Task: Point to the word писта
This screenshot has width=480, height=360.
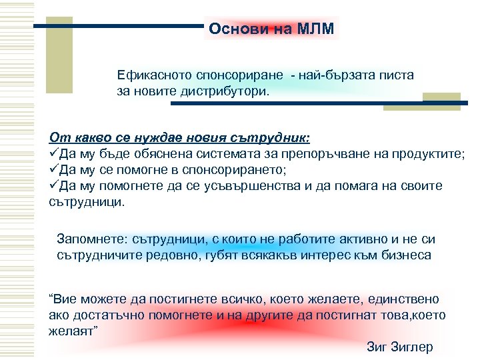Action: (397, 75)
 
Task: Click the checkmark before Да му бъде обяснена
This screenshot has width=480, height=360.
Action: (54, 154)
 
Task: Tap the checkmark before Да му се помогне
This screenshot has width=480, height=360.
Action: (54, 170)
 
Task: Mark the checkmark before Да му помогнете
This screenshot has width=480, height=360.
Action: (54, 186)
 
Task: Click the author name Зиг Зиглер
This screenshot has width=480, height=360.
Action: (399, 347)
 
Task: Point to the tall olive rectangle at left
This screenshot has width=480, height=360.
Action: (62, 55)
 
